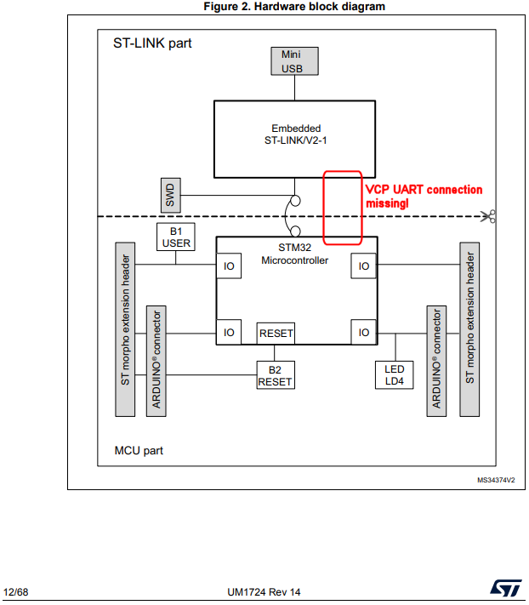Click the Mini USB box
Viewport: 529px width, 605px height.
292,61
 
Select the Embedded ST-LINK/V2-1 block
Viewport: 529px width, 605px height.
295,138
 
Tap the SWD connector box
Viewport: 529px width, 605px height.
170,197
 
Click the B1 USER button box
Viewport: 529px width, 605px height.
177,237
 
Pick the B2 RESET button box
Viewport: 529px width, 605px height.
275,375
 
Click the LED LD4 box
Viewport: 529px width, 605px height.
394,375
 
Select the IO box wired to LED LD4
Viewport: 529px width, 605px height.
364,333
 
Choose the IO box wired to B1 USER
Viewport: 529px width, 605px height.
229,266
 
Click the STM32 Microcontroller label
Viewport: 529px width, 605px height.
295,254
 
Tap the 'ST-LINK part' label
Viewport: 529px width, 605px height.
152,43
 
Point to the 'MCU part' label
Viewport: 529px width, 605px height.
139,450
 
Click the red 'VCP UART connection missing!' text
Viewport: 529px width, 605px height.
423,197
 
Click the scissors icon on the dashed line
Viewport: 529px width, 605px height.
488,217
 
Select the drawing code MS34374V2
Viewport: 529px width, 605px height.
495,480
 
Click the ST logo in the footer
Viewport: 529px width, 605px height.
502,589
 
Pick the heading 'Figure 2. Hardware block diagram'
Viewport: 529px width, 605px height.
294,7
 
